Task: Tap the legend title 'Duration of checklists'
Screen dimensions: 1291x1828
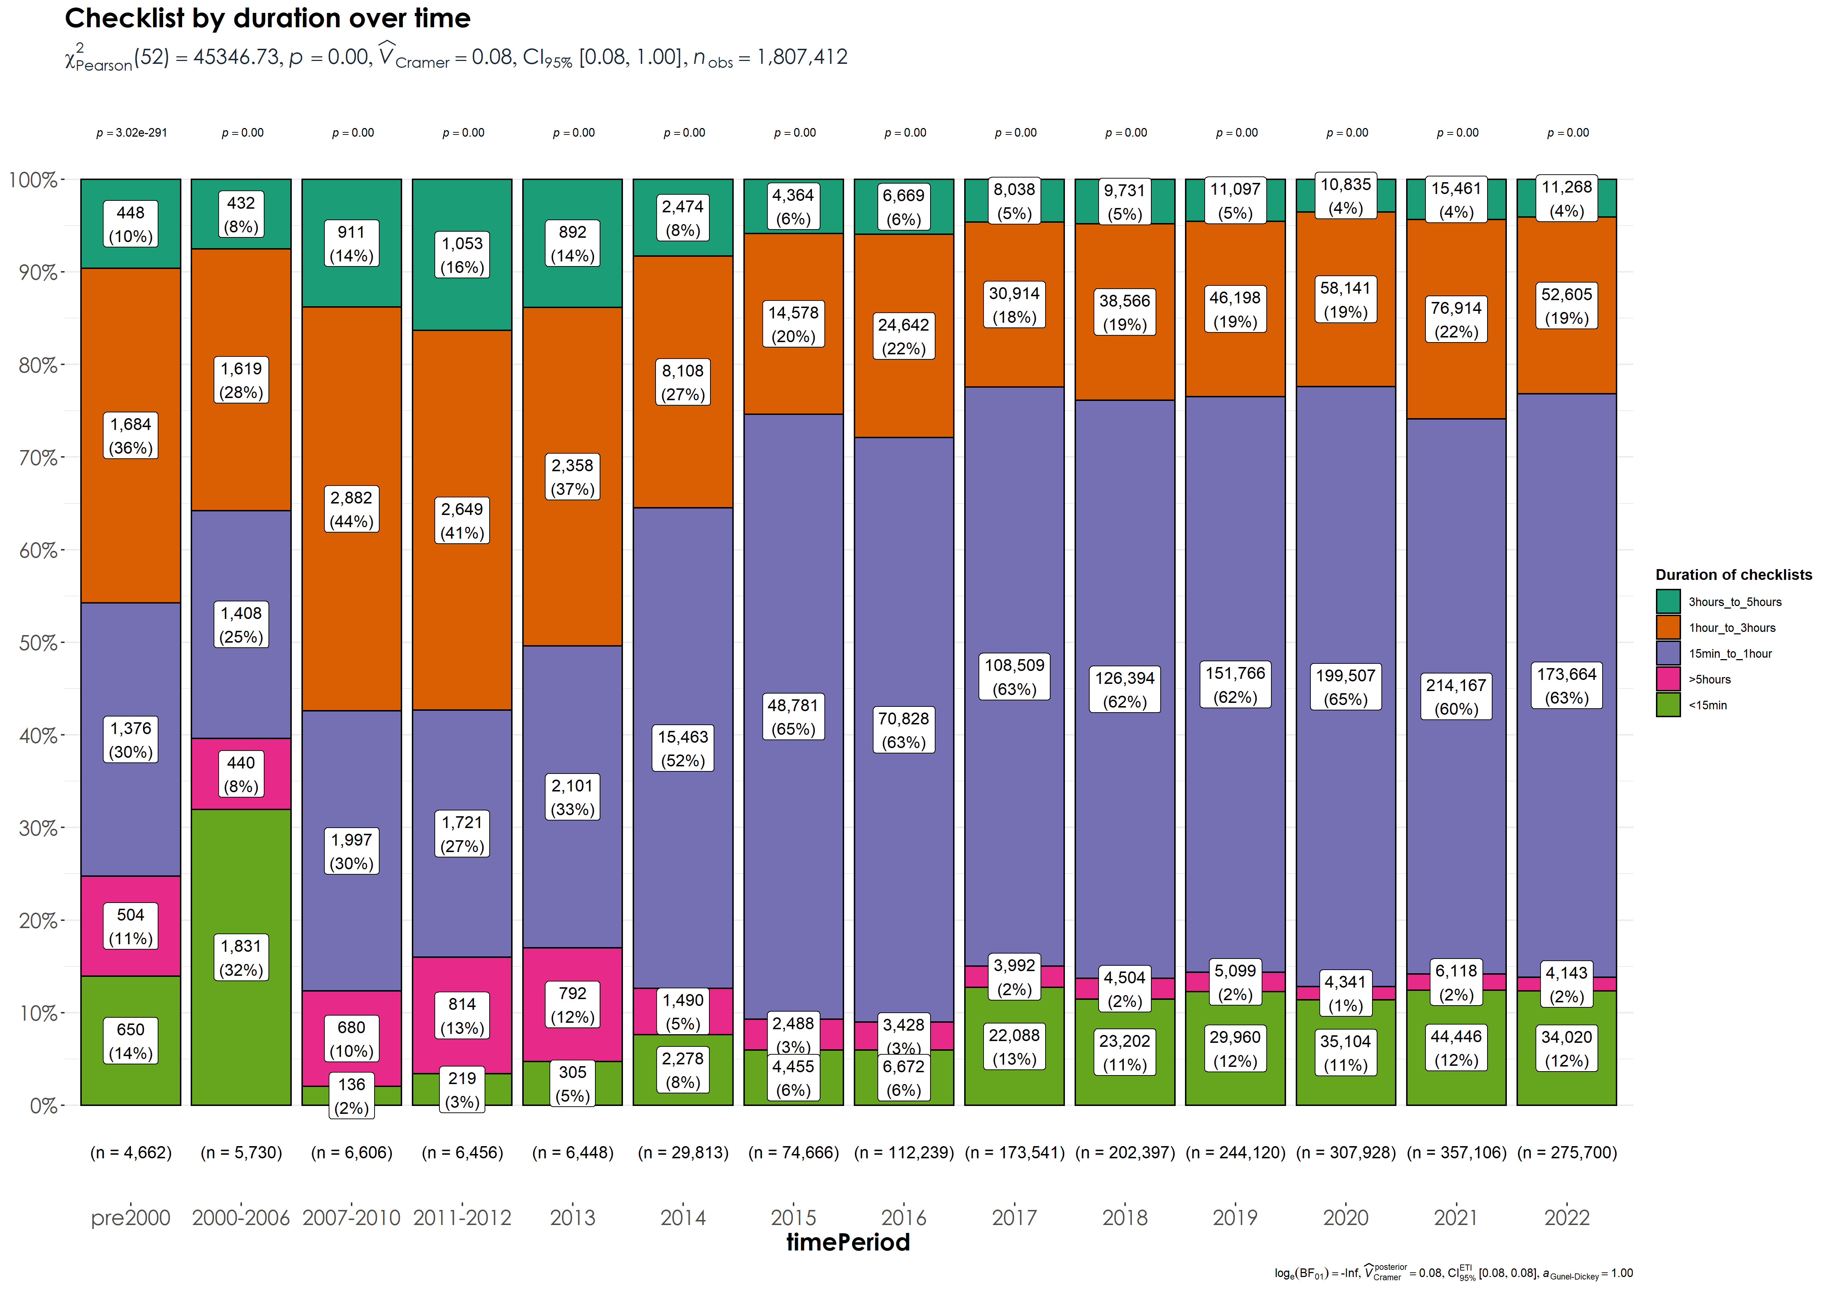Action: point(1733,575)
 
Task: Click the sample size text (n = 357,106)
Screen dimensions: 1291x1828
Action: point(1456,1153)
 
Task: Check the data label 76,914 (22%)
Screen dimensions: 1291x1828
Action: point(1456,320)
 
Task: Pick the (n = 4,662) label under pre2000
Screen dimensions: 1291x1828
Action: point(130,1153)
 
